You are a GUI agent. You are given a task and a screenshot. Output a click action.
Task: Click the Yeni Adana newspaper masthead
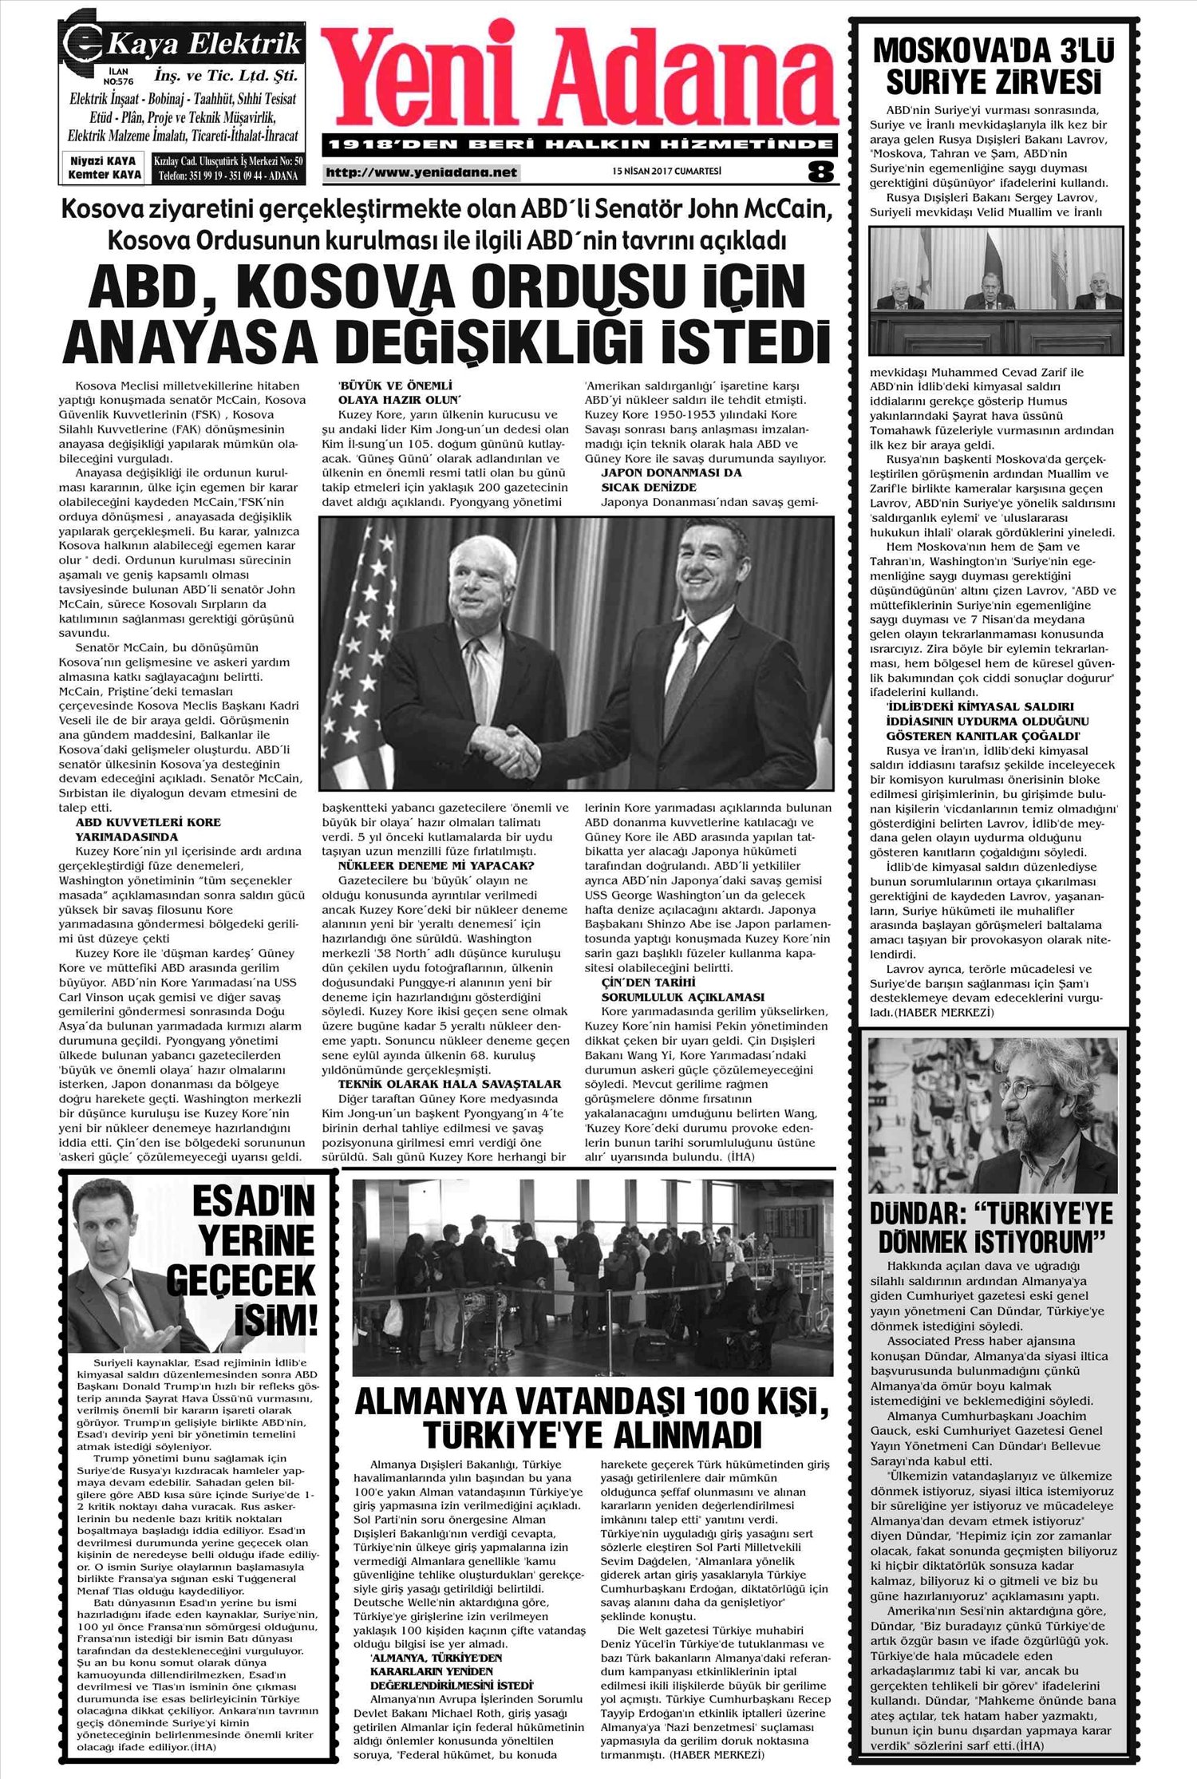click(x=581, y=80)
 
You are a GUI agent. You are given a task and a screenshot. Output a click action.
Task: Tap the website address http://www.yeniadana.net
click(x=421, y=172)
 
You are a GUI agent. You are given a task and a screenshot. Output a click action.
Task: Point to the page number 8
click(x=820, y=172)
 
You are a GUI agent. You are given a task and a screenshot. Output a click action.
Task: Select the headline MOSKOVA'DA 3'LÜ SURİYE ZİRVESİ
click(x=994, y=65)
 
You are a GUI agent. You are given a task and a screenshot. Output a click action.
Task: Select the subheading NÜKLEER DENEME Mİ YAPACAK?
click(x=436, y=865)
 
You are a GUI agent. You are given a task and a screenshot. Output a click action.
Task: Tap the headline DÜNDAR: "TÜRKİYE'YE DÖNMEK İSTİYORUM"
click(x=991, y=1228)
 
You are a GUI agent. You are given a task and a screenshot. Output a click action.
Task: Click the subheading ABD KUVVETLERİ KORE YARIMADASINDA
click(x=148, y=829)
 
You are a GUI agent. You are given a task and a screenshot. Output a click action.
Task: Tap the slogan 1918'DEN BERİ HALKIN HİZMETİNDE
click(x=581, y=145)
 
